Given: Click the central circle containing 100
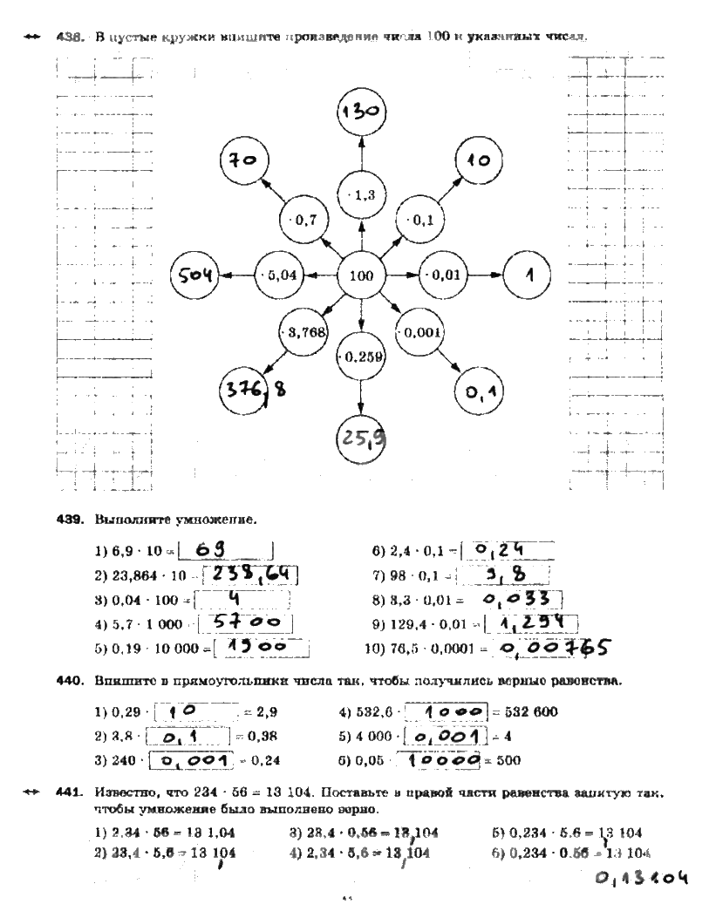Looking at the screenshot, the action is point(361,275).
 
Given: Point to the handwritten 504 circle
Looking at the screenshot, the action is point(194,275).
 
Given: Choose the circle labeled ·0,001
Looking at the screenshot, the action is point(421,331).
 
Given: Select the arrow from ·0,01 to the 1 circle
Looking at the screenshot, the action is point(486,275).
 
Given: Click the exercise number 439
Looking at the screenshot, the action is point(68,520).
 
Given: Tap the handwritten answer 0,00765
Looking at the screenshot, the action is point(553,649).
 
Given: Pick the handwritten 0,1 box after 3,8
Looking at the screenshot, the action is point(187,737).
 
